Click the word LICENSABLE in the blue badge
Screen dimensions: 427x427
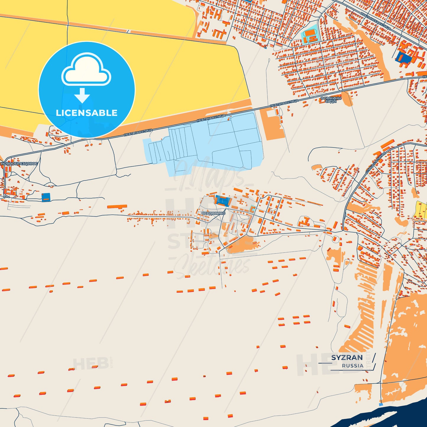[x=87, y=113]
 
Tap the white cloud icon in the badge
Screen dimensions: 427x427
[x=86, y=71]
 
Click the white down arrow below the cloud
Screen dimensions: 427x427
[x=82, y=95]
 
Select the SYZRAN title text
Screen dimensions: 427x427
[x=347, y=358]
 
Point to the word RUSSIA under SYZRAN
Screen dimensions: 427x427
[x=353, y=366]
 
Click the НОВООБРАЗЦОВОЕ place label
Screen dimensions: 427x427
[x=20, y=163]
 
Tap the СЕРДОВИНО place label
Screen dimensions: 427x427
[x=213, y=213]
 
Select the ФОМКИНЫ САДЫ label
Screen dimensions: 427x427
[x=331, y=100]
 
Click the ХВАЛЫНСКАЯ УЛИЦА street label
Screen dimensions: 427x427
[x=376, y=21]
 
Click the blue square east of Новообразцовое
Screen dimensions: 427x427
[x=46, y=197]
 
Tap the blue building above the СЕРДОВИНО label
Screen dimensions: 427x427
[x=223, y=201]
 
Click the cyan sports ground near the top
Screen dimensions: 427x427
[x=310, y=35]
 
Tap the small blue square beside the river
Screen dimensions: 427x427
[x=381, y=404]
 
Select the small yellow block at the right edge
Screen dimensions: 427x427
[x=421, y=210]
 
